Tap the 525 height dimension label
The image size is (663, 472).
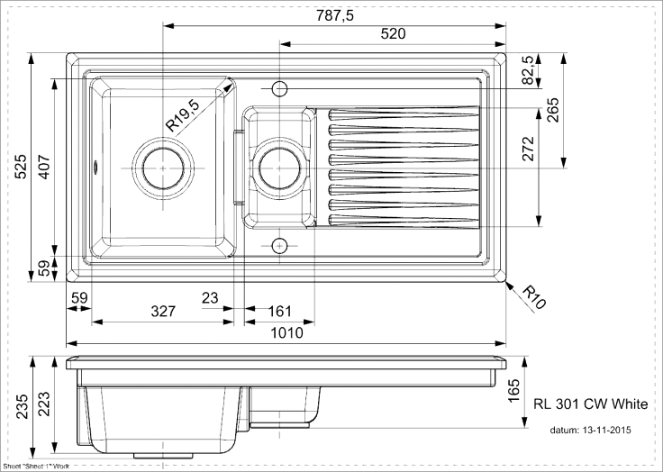tap(21, 169)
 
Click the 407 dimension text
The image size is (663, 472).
tap(41, 169)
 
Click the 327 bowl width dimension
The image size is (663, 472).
tap(162, 312)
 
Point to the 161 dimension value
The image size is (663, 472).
tap(281, 312)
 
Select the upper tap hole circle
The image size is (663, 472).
tap(279, 88)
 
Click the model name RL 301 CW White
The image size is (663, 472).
tap(591, 404)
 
